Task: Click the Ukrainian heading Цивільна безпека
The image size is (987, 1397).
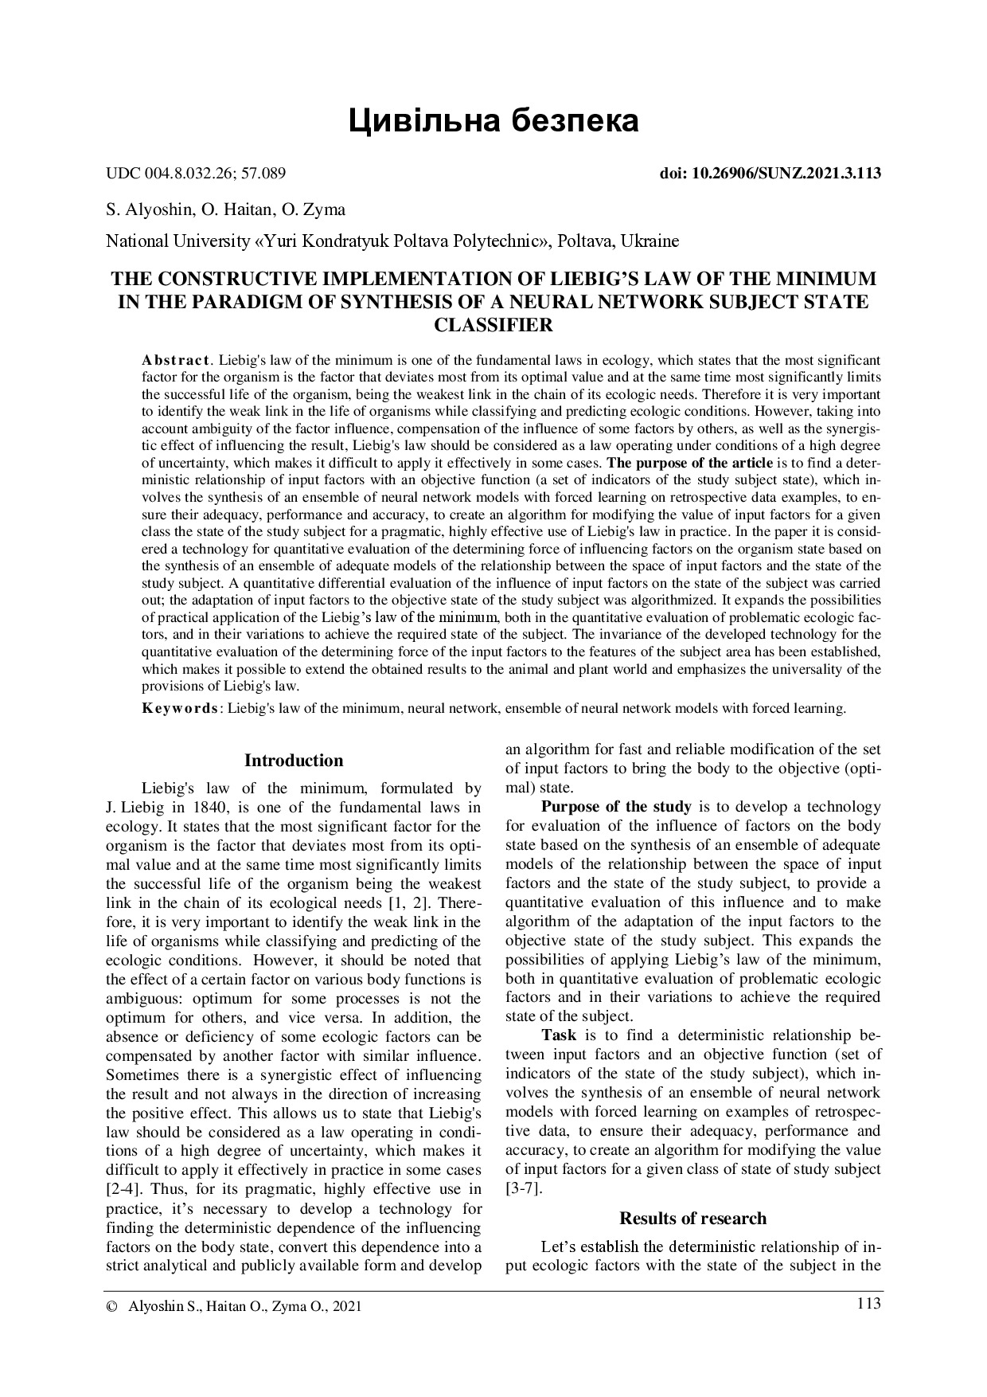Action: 494,121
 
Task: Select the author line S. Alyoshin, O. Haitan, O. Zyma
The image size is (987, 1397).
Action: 226,210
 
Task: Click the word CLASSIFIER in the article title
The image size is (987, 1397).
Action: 494,325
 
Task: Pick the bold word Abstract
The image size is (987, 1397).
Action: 175,360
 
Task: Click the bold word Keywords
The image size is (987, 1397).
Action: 179,708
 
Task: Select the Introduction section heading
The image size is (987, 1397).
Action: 294,761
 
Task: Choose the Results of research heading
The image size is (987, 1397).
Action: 692,1219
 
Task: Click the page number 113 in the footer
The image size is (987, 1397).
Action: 868,1304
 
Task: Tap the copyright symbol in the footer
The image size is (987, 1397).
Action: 111,1307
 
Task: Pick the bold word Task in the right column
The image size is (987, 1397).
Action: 559,1035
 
